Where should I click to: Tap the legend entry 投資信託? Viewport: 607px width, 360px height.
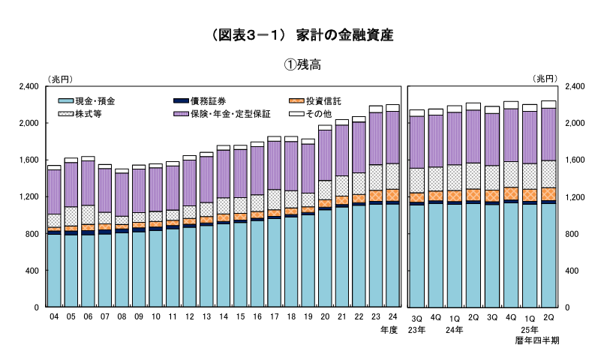click(x=323, y=100)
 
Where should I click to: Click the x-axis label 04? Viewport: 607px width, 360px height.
click(x=54, y=318)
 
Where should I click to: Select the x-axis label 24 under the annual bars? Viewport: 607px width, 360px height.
click(x=392, y=318)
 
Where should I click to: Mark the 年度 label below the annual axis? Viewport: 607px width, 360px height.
click(x=389, y=329)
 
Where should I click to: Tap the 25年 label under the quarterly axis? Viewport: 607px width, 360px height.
click(x=530, y=329)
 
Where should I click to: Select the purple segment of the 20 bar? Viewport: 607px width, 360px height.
click(x=325, y=154)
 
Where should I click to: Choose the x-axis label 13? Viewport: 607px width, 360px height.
click(x=206, y=318)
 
